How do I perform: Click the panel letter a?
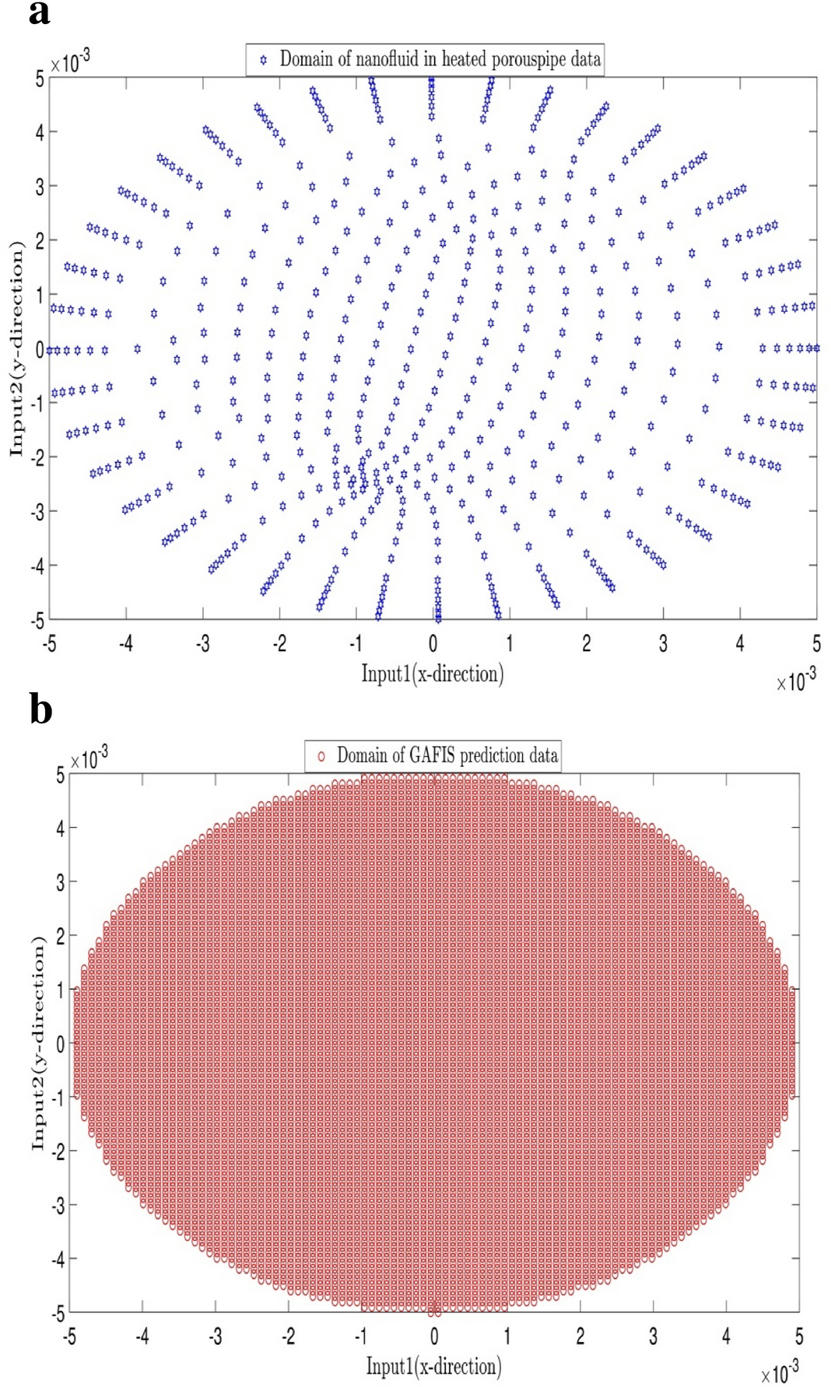click(39, 13)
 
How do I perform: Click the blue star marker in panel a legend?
click(263, 60)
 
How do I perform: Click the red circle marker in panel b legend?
click(321, 756)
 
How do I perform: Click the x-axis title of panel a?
click(432, 674)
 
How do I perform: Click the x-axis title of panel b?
click(433, 1366)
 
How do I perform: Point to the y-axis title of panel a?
click(16, 349)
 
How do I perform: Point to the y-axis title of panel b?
click(37, 1042)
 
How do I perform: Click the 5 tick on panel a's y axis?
click(39, 78)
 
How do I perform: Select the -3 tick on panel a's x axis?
click(202, 643)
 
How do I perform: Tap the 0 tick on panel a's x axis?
click(433, 643)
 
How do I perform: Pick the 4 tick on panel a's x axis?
click(739, 643)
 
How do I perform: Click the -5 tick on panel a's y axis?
click(37, 620)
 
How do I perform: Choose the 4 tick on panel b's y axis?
click(60, 828)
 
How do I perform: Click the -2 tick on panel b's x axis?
click(288, 1336)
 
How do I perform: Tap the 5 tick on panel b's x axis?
click(798, 1336)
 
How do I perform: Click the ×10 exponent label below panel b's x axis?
click(779, 1372)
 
